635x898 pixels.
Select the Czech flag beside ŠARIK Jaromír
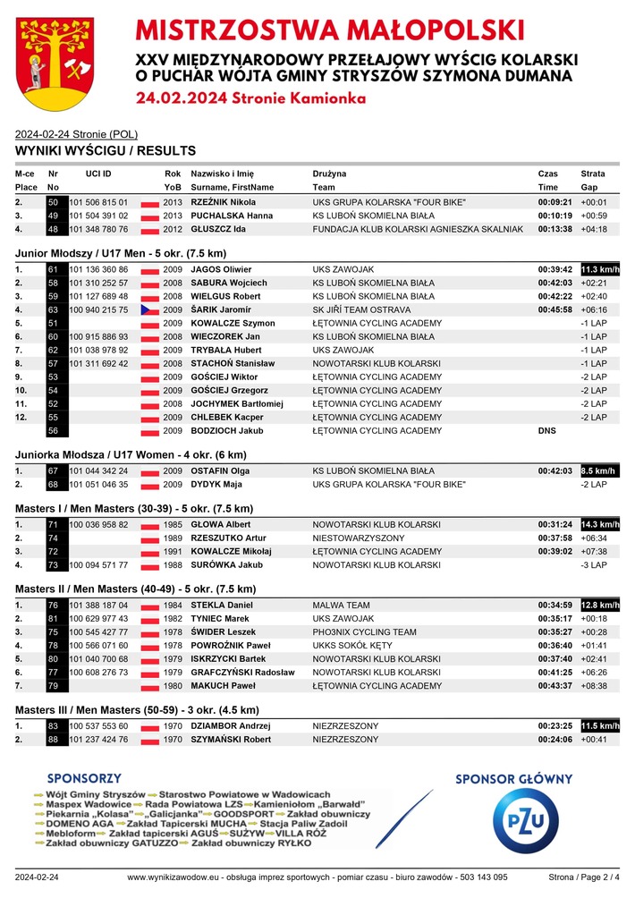point(149,309)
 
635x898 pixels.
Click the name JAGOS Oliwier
point(221,269)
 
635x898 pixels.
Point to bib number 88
point(53,740)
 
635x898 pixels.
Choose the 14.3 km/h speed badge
point(599,523)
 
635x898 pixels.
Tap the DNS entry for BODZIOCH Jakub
point(546,430)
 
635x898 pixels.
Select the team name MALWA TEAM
point(341,606)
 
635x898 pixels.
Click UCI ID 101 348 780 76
point(98,229)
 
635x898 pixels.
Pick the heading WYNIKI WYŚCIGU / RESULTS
point(106,150)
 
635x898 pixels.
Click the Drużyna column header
point(329,173)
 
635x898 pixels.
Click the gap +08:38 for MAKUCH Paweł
point(593,686)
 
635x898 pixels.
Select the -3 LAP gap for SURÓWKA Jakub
point(593,564)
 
